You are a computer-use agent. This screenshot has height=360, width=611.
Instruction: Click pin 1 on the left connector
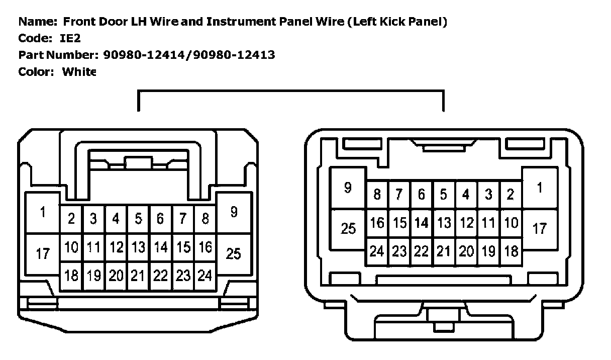tap(43, 213)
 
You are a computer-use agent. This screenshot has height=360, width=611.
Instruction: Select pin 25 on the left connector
tap(234, 254)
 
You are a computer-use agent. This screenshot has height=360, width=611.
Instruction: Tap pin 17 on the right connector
tap(539, 229)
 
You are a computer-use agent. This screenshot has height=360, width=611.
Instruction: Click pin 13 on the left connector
tap(138, 247)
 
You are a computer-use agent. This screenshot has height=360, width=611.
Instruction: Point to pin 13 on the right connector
tap(443, 223)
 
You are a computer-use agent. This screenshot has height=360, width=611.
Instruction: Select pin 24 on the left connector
tap(205, 276)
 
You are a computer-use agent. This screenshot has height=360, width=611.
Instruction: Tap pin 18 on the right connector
tap(511, 251)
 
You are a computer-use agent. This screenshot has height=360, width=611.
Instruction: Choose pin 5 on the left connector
tap(138, 219)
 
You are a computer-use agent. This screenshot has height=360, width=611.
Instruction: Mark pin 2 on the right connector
tap(511, 195)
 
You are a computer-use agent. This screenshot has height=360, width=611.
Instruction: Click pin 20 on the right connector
tap(466, 251)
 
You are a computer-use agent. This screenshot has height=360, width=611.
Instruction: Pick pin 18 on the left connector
tap(71, 276)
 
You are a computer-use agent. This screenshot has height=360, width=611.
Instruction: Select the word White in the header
tap(79, 71)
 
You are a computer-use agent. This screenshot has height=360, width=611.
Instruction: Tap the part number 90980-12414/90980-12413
tap(189, 55)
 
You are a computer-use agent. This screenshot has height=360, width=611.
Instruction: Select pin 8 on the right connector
tap(377, 195)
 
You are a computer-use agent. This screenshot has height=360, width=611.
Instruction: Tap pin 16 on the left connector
tap(205, 247)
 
